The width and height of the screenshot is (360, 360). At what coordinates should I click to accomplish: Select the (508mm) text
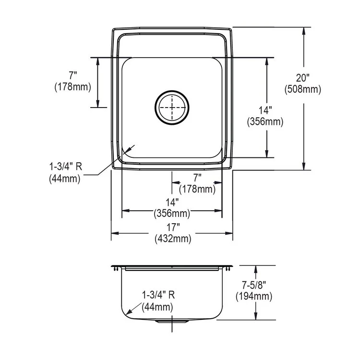pos(303,89)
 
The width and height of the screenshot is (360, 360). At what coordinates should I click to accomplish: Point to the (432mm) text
pos(172,238)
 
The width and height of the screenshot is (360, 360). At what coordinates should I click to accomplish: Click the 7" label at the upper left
pos(72,76)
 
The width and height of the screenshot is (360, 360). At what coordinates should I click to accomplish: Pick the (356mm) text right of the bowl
pos(265,122)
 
